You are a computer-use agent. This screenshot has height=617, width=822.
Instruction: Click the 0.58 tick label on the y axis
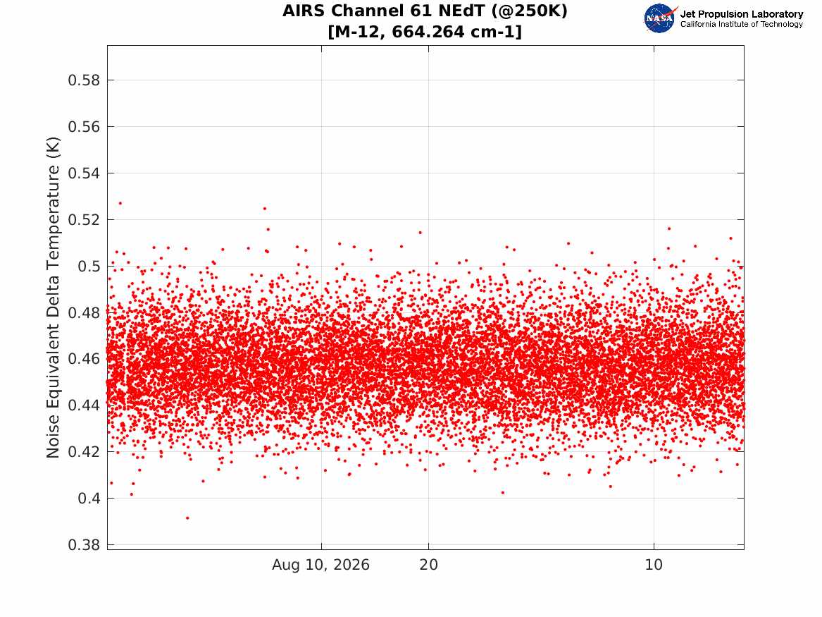pyautogui.click(x=84, y=80)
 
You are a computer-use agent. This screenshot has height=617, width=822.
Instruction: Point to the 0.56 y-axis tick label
pyautogui.click(x=84, y=126)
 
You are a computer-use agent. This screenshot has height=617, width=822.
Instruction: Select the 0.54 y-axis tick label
pyautogui.click(x=84, y=173)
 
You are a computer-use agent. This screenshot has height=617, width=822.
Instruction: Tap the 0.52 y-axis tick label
pyautogui.click(x=84, y=219)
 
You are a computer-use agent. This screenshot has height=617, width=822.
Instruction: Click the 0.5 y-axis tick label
pyautogui.click(x=89, y=266)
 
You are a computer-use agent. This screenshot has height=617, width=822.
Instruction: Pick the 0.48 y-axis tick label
pyautogui.click(x=84, y=312)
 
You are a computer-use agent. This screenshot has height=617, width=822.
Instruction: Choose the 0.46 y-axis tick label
pyautogui.click(x=84, y=359)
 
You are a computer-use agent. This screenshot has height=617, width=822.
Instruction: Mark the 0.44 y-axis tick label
pyautogui.click(x=84, y=405)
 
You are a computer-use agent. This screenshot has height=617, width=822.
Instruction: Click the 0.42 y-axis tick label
pyautogui.click(x=84, y=451)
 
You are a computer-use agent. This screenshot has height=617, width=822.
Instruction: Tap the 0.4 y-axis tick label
pyautogui.click(x=89, y=498)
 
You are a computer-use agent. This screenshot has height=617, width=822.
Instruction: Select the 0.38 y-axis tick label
pyautogui.click(x=84, y=544)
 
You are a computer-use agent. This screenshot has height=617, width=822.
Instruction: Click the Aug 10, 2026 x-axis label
pyautogui.click(x=320, y=565)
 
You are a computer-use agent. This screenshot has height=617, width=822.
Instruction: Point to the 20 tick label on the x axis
pyautogui.click(x=428, y=565)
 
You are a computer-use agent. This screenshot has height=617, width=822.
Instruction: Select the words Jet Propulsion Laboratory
pyautogui.click(x=742, y=14)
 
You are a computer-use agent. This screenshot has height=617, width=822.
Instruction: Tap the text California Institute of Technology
pyautogui.click(x=742, y=24)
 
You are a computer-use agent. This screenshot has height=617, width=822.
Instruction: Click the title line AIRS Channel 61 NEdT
pyautogui.click(x=425, y=11)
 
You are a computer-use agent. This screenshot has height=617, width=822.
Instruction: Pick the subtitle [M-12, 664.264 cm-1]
pyautogui.click(x=425, y=32)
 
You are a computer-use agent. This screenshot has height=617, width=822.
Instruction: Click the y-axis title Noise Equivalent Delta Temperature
pyautogui.click(x=53, y=298)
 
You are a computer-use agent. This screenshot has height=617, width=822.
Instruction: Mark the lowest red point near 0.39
pyautogui.click(x=187, y=518)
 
